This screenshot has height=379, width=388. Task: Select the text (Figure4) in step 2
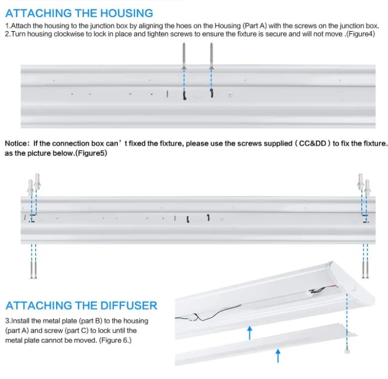pos(361,34)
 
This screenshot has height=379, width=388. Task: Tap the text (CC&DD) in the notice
pos(313,143)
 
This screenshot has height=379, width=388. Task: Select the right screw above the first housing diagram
pos(210,56)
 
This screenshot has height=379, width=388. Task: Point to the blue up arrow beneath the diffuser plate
pos(278,355)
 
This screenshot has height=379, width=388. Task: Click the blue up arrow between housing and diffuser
pos(250,332)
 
